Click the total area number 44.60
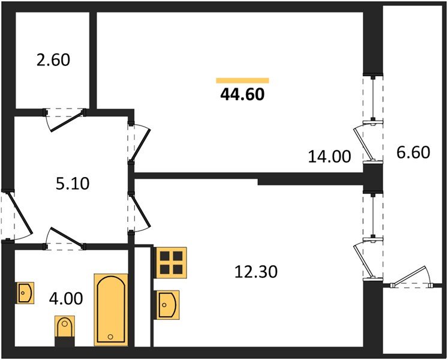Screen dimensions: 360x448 [x=242, y=94]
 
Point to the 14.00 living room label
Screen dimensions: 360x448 [x=329, y=157]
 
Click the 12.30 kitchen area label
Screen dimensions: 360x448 [x=255, y=271]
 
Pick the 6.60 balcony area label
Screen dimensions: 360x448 [x=413, y=152]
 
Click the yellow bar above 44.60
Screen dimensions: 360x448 [x=242, y=80]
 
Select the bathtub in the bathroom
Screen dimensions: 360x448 [x=111, y=309]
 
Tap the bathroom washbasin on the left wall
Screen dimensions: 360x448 [x=25, y=293]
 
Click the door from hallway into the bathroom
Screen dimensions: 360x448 [x=66, y=238]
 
